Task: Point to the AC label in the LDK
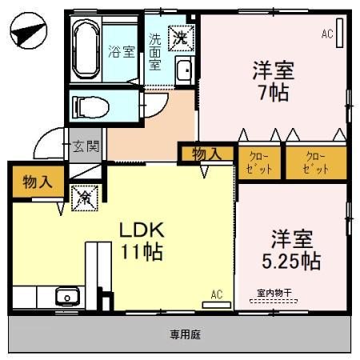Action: click(216, 294)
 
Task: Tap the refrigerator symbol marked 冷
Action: click(83, 196)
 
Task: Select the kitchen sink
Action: click(64, 298)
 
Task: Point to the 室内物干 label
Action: click(273, 294)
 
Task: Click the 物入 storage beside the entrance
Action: click(38, 180)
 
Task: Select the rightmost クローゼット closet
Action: click(316, 162)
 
